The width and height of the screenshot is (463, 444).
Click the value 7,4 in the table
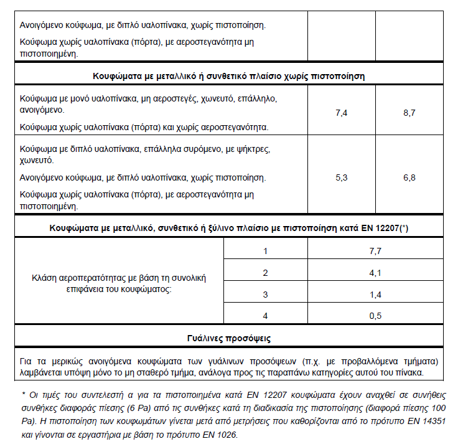(x=341, y=113)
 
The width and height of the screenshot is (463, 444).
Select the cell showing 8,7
(x=409, y=113)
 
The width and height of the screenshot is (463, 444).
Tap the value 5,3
(x=341, y=178)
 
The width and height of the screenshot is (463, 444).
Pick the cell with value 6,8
(x=409, y=178)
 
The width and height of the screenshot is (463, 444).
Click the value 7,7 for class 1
(x=375, y=251)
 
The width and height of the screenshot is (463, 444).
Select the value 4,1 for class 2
(x=375, y=273)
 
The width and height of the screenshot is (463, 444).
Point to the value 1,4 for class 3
(x=375, y=294)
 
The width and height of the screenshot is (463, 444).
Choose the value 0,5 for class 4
(x=375, y=316)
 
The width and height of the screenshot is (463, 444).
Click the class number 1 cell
(x=265, y=251)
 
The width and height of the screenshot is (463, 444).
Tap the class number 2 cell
(x=265, y=273)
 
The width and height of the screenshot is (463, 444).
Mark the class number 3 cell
(x=265, y=294)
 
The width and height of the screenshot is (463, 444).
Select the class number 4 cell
(x=265, y=316)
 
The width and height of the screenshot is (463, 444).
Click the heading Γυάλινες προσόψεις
(x=228, y=339)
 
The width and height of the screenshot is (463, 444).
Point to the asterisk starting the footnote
(x=22, y=394)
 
